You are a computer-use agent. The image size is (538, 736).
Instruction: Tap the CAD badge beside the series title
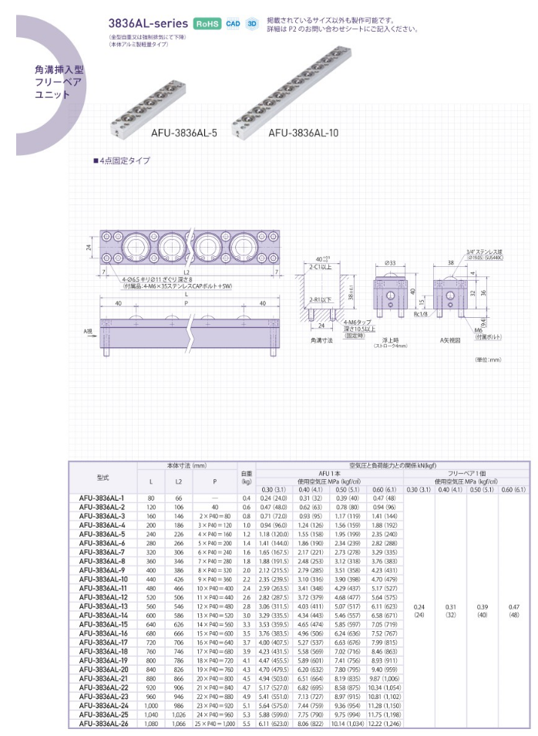point(234,23)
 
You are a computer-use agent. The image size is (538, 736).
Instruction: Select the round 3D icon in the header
point(251,23)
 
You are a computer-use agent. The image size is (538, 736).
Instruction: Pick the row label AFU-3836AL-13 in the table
point(103,606)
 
